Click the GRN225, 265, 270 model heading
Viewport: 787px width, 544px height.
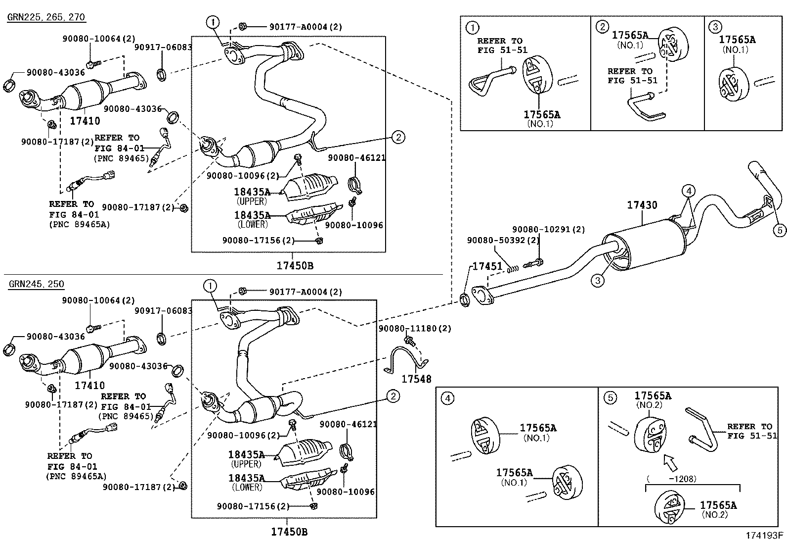point(46,17)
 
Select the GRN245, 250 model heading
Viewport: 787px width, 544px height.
point(36,284)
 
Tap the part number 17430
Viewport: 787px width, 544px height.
point(642,205)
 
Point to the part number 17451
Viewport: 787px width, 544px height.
point(487,266)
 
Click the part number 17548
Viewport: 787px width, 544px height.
point(416,379)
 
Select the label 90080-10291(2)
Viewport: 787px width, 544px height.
point(548,230)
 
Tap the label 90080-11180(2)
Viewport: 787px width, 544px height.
point(415,328)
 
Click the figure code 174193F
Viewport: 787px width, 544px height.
point(765,535)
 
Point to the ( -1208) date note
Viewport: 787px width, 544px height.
point(671,479)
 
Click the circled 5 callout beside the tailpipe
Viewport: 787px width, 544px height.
point(780,229)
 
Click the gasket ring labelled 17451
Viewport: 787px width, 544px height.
point(465,299)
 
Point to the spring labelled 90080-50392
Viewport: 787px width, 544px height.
point(513,269)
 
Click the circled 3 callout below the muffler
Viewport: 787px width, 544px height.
point(597,281)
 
